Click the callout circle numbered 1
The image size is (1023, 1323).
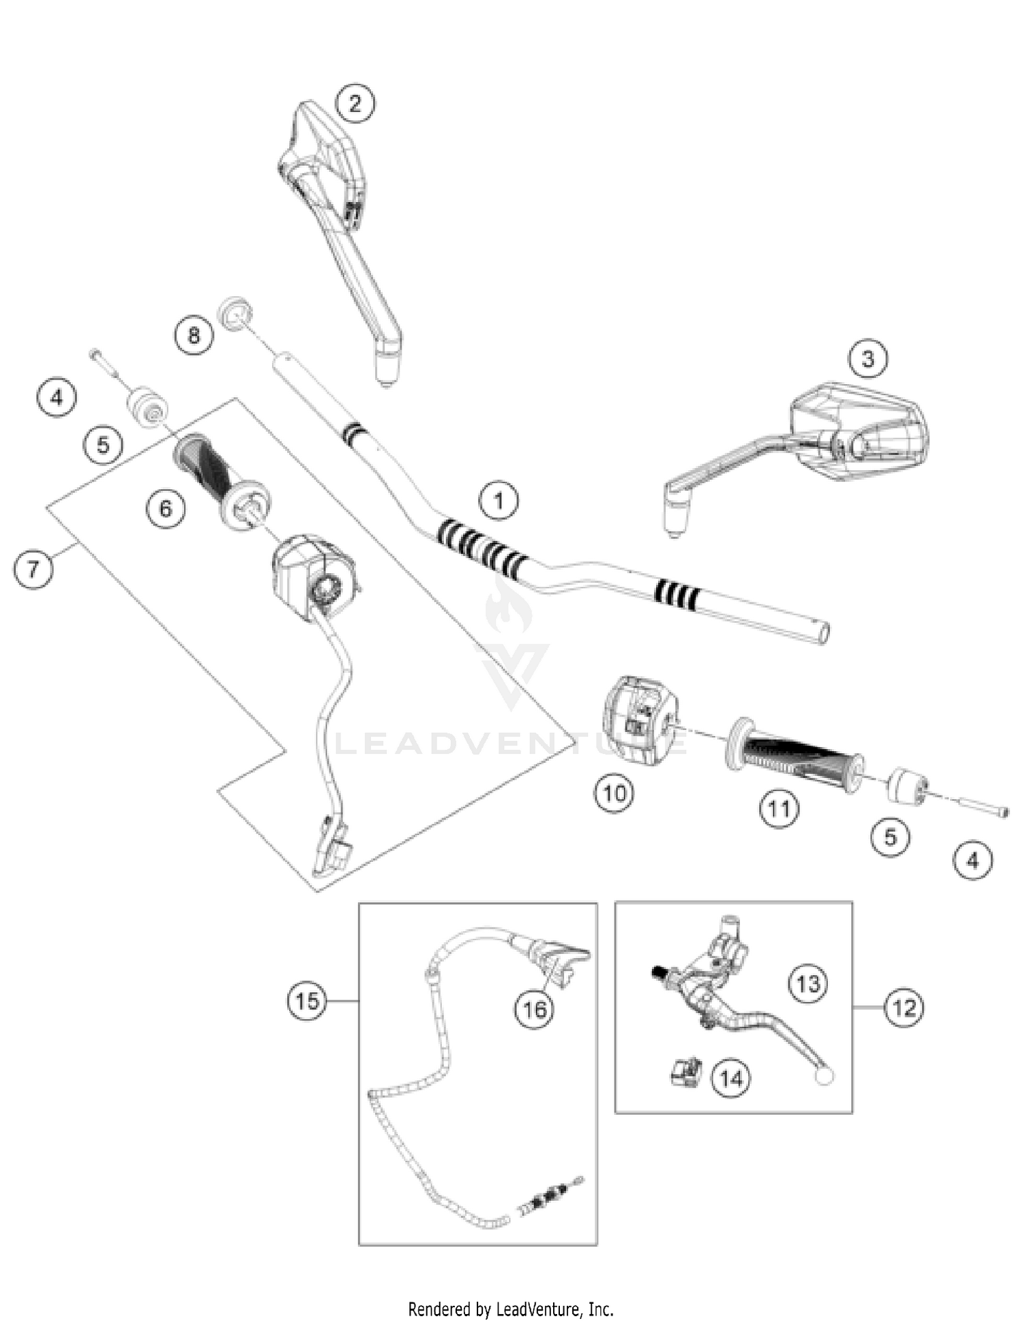pyautogui.click(x=499, y=501)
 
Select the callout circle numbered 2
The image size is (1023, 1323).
pyautogui.click(x=355, y=104)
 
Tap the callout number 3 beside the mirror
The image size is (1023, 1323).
pyautogui.click(x=868, y=358)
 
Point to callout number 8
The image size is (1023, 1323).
pyautogui.click(x=194, y=335)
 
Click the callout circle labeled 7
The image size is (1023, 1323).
pyautogui.click(x=33, y=568)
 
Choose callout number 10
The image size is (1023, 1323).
pyautogui.click(x=614, y=793)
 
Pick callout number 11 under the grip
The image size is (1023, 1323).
pyautogui.click(x=779, y=809)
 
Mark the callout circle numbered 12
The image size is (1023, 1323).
pyautogui.click(x=904, y=1007)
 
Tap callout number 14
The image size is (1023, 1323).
pyautogui.click(x=730, y=1078)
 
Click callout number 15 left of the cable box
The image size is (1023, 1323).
pyautogui.click(x=307, y=1001)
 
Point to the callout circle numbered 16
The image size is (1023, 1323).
pyautogui.click(x=534, y=1008)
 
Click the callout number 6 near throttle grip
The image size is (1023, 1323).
pyautogui.click(x=166, y=508)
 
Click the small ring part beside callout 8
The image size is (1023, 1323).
pyautogui.click(x=235, y=313)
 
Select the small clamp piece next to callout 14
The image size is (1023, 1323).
pyautogui.click(x=685, y=1071)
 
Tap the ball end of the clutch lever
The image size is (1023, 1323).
pyautogui.click(x=824, y=1077)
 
